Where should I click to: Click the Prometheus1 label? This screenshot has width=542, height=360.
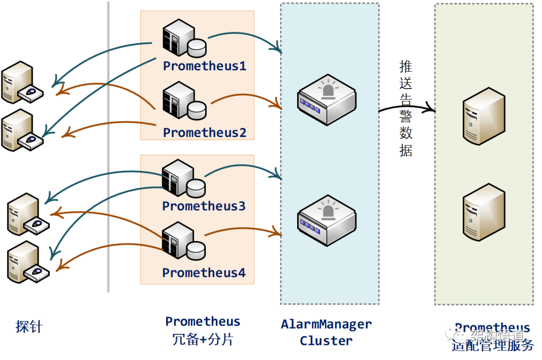coord(205,66)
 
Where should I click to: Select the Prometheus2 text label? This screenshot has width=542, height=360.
coord(205,133)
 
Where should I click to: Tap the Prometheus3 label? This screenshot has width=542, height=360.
coord(204,206)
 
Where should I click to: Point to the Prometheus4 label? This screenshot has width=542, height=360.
coord(204,273)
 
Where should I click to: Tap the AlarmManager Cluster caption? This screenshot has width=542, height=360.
coord(326,332)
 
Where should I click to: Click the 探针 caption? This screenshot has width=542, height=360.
coord(29,327)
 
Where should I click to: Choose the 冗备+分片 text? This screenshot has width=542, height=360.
coord(203,339)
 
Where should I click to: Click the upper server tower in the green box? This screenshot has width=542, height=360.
coord(483,116)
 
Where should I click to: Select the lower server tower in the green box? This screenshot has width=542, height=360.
coord(483,211)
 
